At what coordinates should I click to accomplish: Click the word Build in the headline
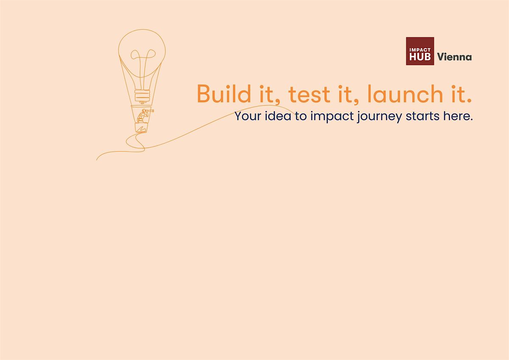tap(224, 93)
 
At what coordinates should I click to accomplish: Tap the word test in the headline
tap(309, 94)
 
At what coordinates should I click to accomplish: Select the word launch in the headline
tap(405, 93)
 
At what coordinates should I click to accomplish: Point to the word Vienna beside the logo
tap(454, 57)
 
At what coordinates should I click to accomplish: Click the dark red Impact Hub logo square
tap(420, 51)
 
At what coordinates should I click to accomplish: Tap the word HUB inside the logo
tap(420, 56)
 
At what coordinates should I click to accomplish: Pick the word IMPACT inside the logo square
tap(420, 50)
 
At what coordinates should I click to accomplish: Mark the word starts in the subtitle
tap(422, 116)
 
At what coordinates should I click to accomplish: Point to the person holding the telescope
tap(143, 116)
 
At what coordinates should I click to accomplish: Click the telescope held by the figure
tap(150, 111)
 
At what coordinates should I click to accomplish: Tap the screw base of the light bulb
tap(143, 96)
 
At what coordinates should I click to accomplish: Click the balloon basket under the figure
tap(141, 128)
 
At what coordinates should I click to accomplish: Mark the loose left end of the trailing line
tap(97, 160)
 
